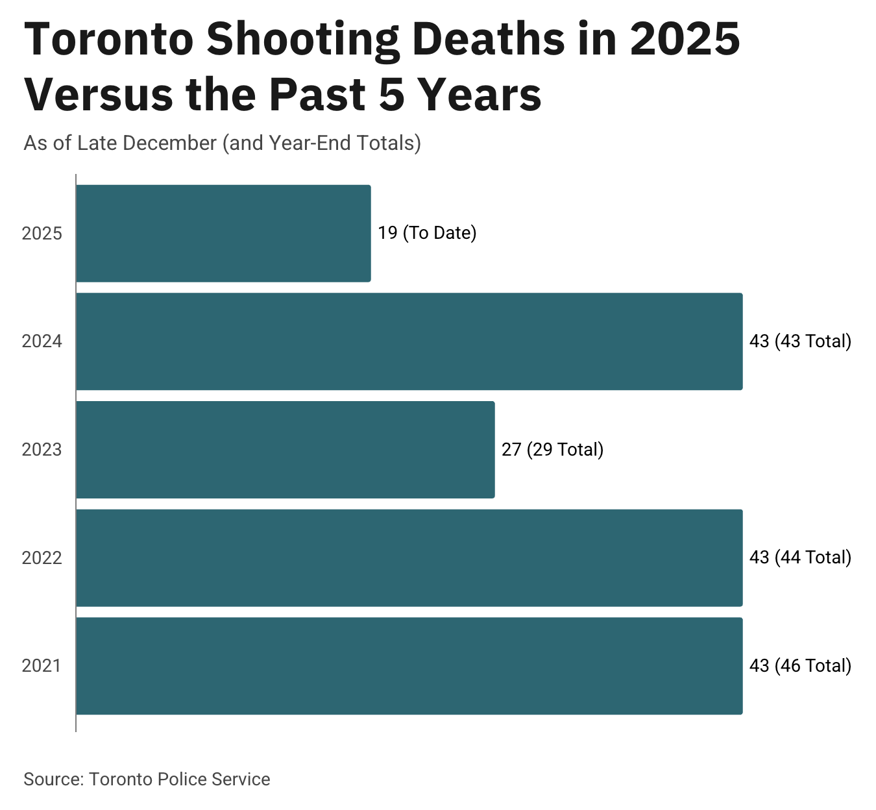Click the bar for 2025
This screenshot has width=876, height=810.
(223, 234)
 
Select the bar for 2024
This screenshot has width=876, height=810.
(409, 341)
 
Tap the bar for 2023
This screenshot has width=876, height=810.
(286, 450)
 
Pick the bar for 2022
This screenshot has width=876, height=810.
(409, 558)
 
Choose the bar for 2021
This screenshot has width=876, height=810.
(409, 666)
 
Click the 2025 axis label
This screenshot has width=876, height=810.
(42, 234)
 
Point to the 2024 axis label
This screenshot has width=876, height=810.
(42, 341)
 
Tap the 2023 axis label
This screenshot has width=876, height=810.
(42, 450)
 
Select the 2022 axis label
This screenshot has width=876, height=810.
(42, 558)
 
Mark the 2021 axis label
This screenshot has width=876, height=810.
(42, 666)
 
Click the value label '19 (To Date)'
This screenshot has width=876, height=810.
(427, 233)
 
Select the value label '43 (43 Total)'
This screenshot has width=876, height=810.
(799, 341)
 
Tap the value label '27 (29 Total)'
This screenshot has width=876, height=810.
(552, 450)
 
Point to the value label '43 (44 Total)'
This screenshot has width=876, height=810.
(799, 558)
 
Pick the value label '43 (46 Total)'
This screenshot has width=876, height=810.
(799, 666)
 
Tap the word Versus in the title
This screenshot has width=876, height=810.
(97, 95)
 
